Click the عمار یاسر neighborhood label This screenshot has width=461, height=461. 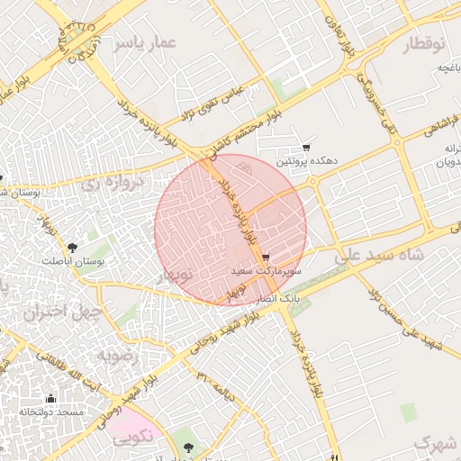pos(149,42)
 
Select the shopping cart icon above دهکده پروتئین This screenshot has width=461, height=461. pos(307,147)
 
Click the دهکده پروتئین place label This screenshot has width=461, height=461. pos(307,161)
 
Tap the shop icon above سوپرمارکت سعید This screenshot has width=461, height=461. pos(265,257)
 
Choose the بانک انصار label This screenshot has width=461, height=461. pos(278,296)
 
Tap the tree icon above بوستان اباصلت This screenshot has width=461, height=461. pos(73,247)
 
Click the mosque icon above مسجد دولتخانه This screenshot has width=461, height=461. pos(50,398)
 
